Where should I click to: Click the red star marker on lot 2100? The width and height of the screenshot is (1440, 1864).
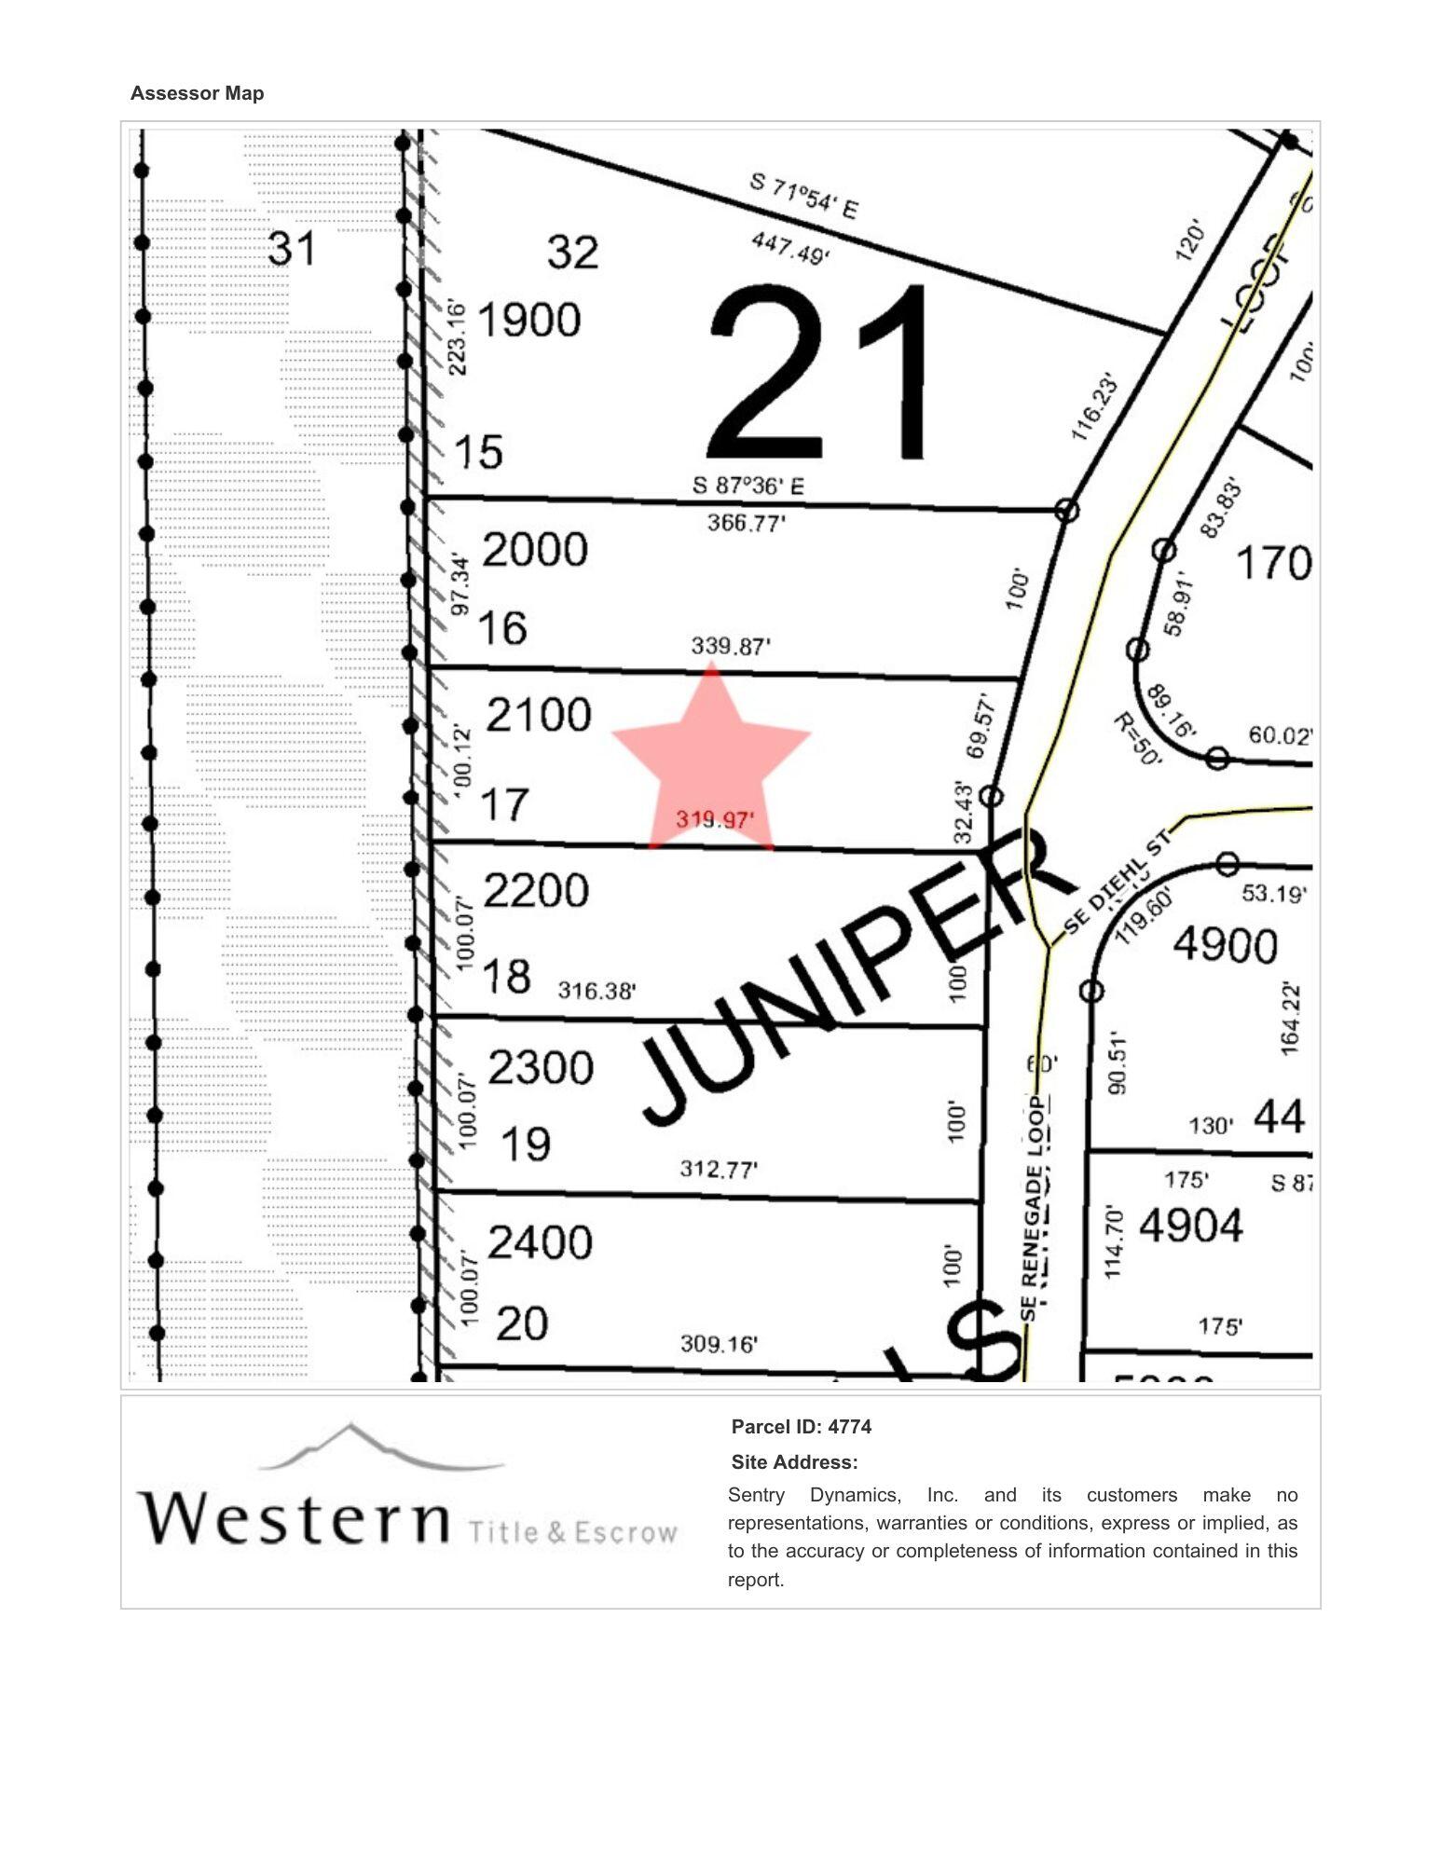711,757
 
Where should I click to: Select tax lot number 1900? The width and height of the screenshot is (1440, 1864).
528,321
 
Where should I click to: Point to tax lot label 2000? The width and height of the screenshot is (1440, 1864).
535,550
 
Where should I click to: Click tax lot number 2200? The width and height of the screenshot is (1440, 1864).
537,891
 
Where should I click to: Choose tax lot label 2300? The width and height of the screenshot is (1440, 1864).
541,1068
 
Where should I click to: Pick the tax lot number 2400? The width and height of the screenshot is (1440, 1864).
541,1243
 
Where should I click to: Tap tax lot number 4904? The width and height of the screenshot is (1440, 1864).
1191,1226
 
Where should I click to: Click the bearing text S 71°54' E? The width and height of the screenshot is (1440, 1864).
803,196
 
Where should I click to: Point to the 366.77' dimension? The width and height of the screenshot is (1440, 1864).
746,523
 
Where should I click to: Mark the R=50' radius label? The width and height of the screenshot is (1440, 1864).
1138,739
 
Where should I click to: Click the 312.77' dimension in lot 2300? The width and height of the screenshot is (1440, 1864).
719,1169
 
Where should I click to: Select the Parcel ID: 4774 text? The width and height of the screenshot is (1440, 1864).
802,1427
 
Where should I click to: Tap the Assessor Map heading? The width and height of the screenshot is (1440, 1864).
197,93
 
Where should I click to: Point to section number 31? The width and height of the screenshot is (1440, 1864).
292,249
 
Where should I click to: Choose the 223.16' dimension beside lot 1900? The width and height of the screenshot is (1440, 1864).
457,337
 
